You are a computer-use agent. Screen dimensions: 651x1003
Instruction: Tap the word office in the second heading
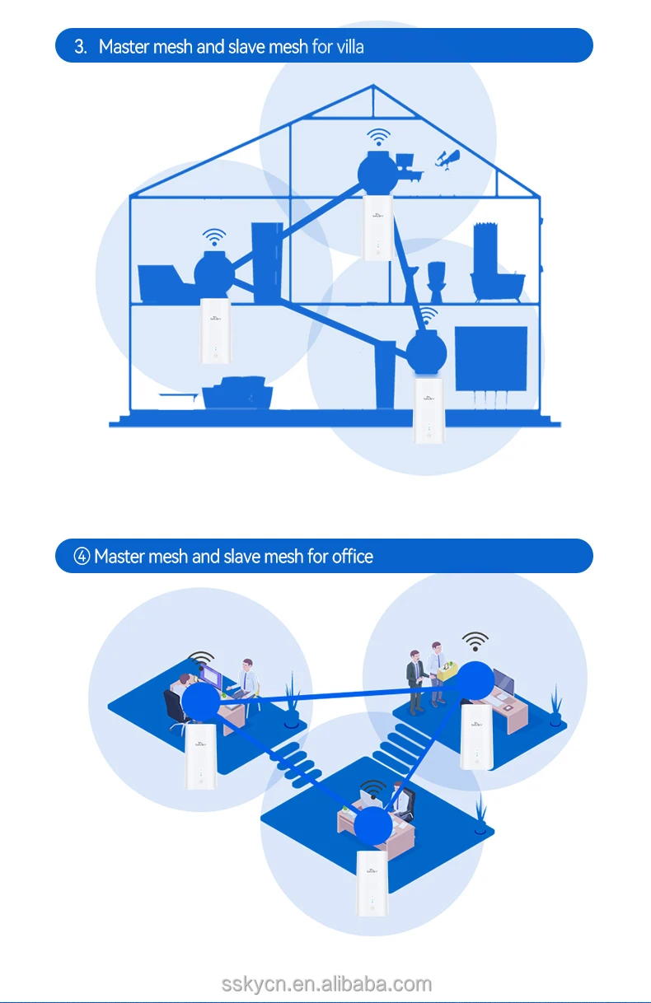(x=353, y=557)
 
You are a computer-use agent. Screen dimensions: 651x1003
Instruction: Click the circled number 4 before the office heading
(x=82, y=557)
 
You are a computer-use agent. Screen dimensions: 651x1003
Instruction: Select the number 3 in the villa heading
(x=80, y=46)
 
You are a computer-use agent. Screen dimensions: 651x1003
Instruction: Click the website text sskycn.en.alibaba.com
(x=326, y=984)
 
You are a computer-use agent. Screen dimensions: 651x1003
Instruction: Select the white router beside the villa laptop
(x=216, y=331)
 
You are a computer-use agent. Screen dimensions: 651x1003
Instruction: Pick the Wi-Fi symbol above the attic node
(x=378, y=137)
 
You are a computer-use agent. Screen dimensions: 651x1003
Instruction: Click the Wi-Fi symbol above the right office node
(x=475, y=641)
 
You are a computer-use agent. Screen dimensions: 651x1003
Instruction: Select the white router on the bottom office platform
(x=372, y=885)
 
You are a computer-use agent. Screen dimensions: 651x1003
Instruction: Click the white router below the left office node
(x=200, y=757)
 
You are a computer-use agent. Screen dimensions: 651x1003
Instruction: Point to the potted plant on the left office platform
(x=292, y=702)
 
